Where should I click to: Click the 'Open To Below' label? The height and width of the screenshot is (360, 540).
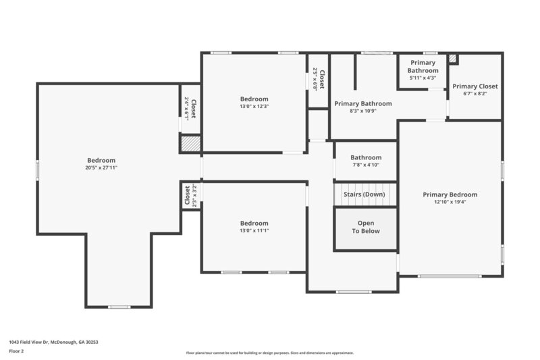tap(365, 227)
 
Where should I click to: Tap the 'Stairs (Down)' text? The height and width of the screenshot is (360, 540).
tap(364, 195)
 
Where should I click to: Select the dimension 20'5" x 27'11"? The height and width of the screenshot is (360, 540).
tap(101, 168)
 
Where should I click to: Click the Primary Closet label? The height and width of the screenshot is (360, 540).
tap(475, 86)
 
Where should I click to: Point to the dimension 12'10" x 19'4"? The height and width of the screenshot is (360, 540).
tap(450, 202)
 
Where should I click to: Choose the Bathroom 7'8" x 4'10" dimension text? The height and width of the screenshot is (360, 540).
tap(366, 165)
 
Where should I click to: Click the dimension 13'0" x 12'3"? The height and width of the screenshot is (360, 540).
tap(254, 107)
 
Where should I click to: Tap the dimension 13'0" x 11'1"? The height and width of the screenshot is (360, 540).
tap(254, 230)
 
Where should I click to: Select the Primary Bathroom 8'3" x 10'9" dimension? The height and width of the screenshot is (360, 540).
tap(362, 111)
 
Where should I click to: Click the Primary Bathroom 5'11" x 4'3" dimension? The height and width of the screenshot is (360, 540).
tap(423, 78)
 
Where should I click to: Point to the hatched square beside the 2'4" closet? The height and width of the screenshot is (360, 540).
tap(190, 143)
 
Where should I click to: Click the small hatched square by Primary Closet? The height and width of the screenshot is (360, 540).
tap(453, 59)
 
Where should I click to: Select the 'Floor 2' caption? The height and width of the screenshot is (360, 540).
tap(17, 351)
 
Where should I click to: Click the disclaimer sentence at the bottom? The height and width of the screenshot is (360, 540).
tap(269, 353)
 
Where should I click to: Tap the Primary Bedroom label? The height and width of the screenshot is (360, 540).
tap(450, 195)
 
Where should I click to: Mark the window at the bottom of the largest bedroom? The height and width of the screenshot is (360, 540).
tap(119, 307)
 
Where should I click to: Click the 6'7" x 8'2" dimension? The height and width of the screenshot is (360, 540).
tap(475, 95)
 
